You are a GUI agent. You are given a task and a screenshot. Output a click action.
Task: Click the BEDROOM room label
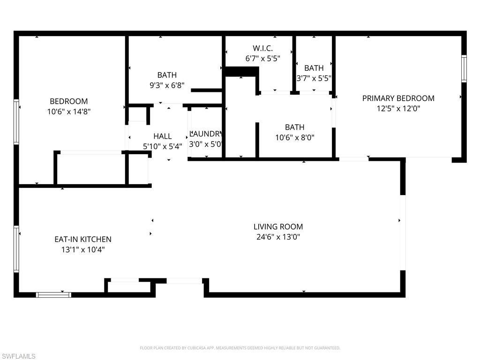pos(69,101)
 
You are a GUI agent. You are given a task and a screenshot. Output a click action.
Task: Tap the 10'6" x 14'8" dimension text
pos(69,112)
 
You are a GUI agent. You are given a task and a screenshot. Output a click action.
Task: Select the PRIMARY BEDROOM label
pos(398,98)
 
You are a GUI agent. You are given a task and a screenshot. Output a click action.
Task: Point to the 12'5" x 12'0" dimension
pos(398,108)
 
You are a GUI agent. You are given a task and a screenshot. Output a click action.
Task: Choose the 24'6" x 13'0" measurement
pos(278,237)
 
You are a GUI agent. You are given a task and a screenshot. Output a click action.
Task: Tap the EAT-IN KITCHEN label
pos(83,239)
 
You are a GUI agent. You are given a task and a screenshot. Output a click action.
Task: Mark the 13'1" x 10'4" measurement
pos(83,249)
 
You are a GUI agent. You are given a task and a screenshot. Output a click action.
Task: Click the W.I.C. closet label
pos(262,48)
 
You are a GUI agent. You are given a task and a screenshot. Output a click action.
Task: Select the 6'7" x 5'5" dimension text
pos(262,59)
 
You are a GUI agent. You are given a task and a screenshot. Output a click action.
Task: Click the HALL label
pos(162,136)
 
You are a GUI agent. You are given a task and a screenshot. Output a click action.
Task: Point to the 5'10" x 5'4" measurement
pos(162,146)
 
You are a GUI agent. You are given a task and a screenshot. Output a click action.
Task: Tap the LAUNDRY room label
pos(205,134)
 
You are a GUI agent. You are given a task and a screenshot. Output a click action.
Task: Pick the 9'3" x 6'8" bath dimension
pos(167,85)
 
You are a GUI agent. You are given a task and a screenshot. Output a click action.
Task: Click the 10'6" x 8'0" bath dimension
pos(294,137)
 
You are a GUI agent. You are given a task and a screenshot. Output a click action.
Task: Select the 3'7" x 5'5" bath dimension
pos(314,78)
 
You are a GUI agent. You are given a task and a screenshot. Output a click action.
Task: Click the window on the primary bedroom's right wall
pos(464,69)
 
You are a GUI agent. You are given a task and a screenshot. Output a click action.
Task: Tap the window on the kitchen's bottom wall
pos(54,295)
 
